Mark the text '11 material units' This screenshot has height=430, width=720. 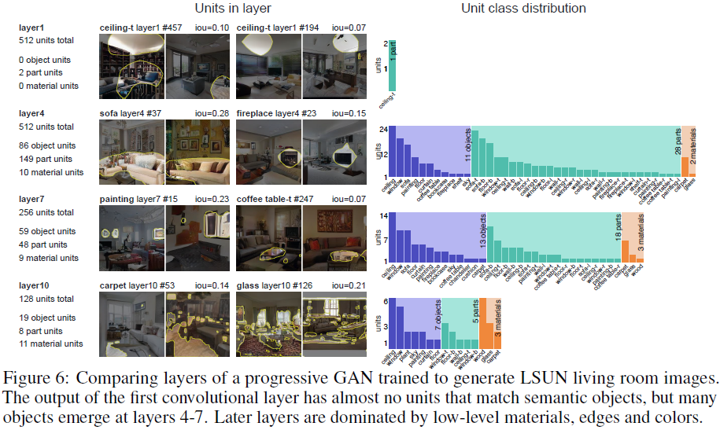click(51, 344)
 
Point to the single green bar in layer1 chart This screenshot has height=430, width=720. click(391, 67)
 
